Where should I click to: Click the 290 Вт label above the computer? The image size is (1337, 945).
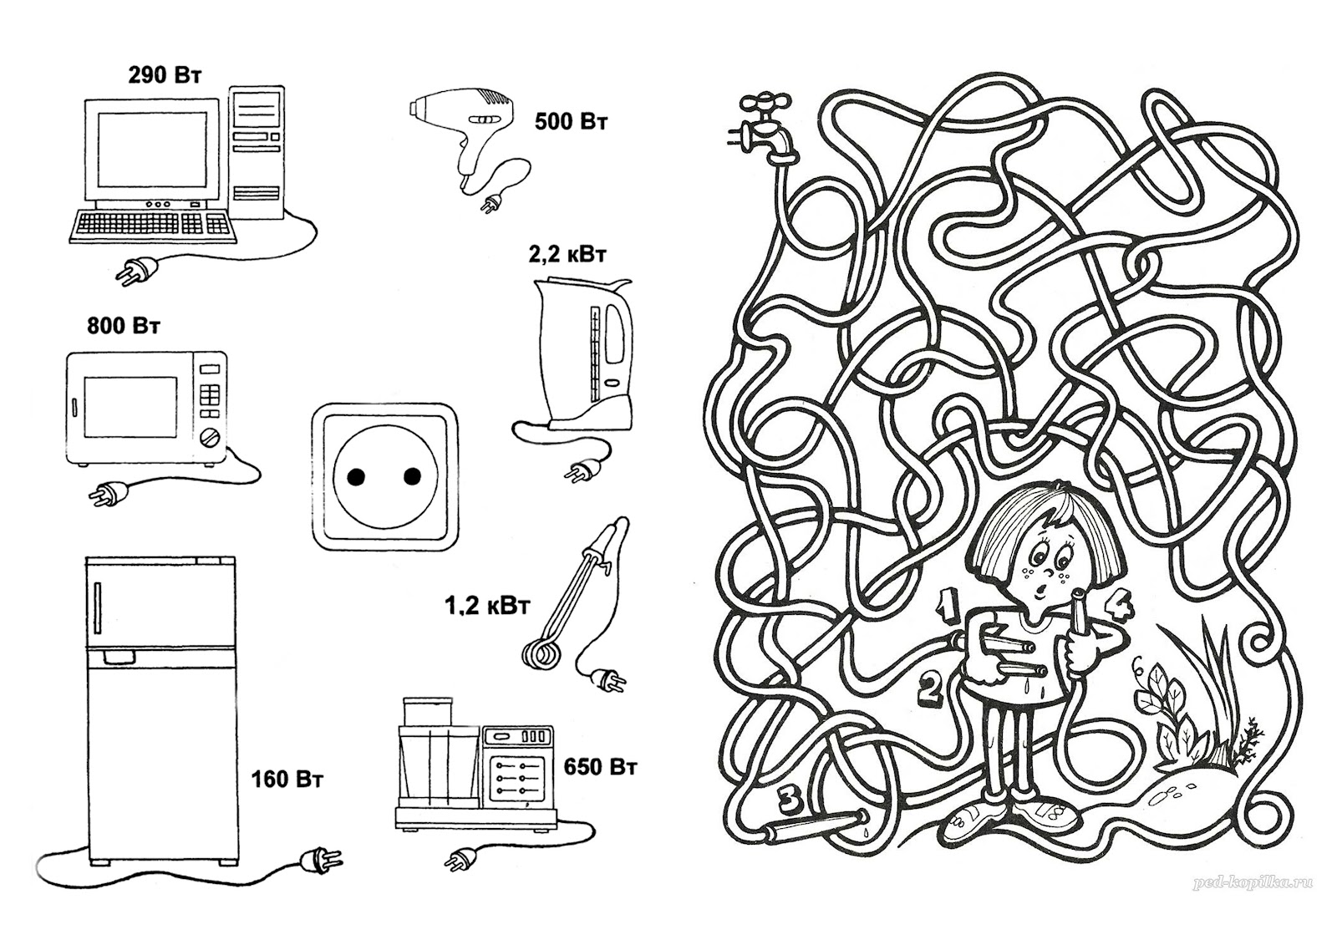(x=165, y=76)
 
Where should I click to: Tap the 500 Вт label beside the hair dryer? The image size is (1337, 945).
(x=572, y=122)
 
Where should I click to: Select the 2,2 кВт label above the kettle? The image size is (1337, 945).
(x=567, y=255)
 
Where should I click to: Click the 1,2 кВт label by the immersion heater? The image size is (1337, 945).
(x=486, y=607)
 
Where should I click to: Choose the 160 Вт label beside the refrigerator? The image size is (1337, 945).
(x=287, y=779)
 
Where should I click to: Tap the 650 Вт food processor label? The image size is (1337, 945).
(x=600, y=766)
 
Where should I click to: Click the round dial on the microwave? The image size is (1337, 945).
(x=210, y=436)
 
